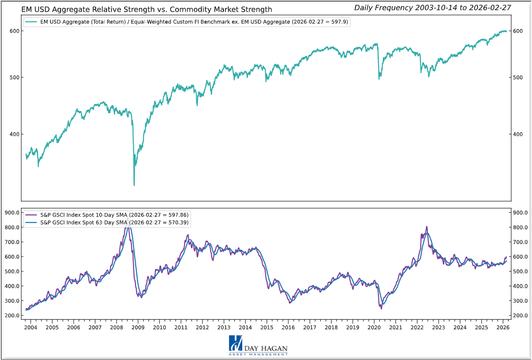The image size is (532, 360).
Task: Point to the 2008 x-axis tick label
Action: tap(116, 327)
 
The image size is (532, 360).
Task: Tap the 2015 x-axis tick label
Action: tap(267, 327)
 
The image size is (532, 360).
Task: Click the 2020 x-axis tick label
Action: tap(374, 327)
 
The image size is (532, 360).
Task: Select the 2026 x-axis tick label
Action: tap(502, 327)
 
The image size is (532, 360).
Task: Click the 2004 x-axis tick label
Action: tap(31, 327)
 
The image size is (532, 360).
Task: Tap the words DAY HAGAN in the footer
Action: tap(265, 348)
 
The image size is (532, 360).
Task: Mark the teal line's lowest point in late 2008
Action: tap(134, 185)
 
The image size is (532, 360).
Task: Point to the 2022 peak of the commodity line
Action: tap(426, 227)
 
